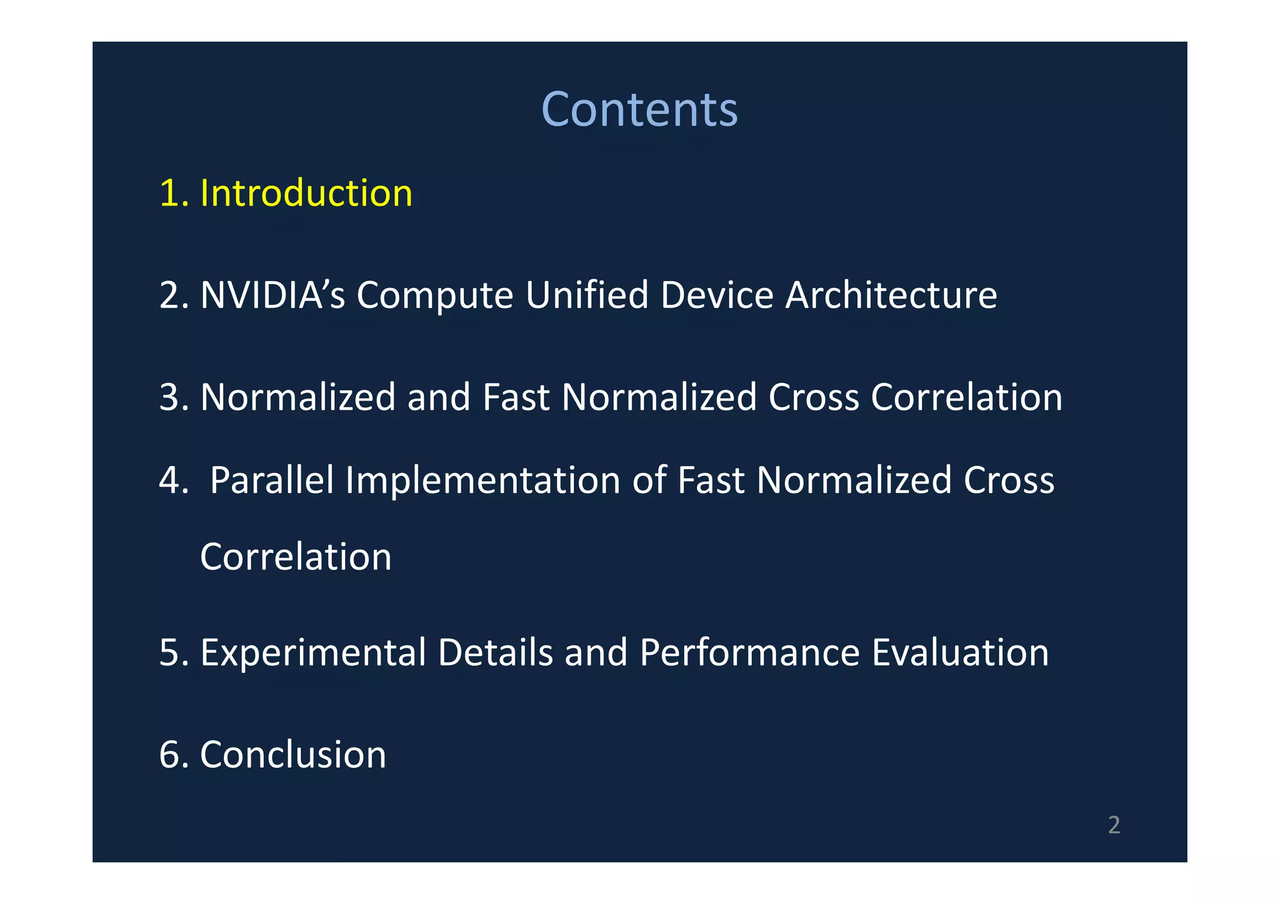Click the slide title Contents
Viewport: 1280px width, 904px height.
[x=639, y=109]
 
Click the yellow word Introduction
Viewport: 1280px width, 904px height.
[x=306, y=193]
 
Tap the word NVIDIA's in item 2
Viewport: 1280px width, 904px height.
[x=272, y=295]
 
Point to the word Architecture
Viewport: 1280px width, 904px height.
[x=891, y=295]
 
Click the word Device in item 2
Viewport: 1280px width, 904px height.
[x=717, y=295]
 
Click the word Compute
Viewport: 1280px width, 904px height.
[x=434, y=296]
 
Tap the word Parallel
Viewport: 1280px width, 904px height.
[x=272, y=480]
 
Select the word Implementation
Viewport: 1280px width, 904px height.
[x=482, y=480]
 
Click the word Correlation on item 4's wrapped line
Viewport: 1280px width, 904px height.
[x=296, y=557]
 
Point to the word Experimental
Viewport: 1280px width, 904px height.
[x=313, y=653]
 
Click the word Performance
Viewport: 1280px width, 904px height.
[x=749, y=653]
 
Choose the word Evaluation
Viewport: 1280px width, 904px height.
[x=960, y=653]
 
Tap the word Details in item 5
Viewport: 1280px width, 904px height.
[x=495, y=653]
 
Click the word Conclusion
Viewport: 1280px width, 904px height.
[x=293, y=755]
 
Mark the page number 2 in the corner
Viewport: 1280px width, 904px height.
[x=1114, y=825]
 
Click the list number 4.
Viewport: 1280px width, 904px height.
[x=170, y=480]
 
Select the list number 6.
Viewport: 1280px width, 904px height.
[x=170, y=755]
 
